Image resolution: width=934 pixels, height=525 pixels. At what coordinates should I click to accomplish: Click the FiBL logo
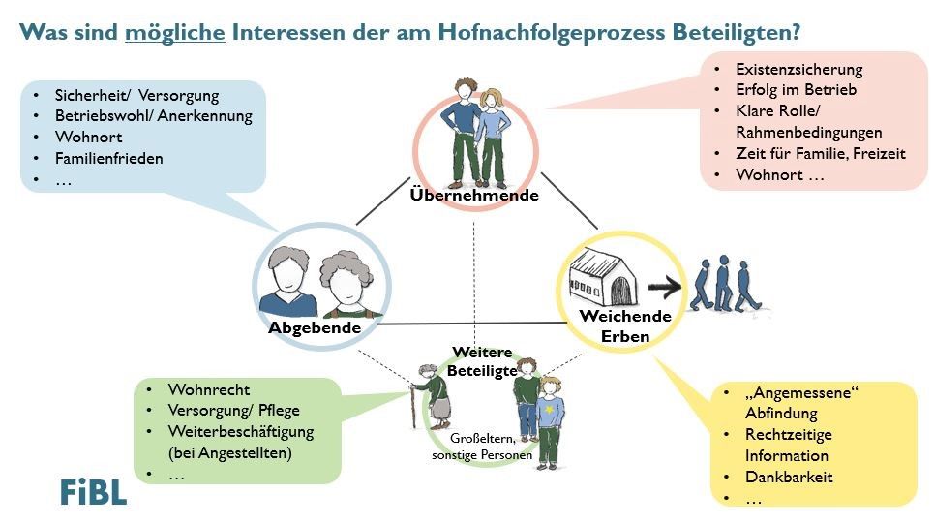tap(94, 492)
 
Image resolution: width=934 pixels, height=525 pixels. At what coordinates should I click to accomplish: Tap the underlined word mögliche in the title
tap(175, 32)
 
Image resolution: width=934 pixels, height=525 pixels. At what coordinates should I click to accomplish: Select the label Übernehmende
tap(474, 195)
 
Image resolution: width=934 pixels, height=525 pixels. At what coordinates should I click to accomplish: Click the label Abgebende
tap(315, 327)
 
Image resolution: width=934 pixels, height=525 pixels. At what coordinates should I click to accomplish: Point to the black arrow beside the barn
tap(665, 288)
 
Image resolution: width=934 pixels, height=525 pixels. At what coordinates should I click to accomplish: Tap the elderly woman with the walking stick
tap(432, 397)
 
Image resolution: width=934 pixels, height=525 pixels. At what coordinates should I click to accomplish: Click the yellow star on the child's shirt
tap(549, 410)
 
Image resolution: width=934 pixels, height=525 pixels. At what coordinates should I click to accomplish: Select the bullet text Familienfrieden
tap(109, 159)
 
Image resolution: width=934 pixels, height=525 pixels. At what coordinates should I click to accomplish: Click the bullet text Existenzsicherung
tap(798, 70)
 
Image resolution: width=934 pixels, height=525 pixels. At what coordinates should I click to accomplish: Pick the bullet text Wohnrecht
tap(208, 389)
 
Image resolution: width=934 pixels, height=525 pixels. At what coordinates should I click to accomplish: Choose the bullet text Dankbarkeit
tap(789, 477)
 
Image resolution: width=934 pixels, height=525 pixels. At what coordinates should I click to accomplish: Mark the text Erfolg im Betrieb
tap(796, 90)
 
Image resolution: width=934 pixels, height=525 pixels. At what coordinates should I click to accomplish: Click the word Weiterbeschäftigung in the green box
tap(241, 431)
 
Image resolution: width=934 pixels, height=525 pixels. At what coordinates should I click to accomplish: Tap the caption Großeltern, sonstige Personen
tap(482, 447)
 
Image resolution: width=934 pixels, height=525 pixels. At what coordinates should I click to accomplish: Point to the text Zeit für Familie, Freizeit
tap(820, 154)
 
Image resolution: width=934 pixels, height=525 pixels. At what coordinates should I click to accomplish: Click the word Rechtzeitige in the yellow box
tap(789, 434)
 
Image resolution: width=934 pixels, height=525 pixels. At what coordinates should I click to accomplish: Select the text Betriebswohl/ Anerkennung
tap(154, 116)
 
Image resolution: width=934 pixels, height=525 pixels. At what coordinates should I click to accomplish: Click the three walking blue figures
tap(725, 284)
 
